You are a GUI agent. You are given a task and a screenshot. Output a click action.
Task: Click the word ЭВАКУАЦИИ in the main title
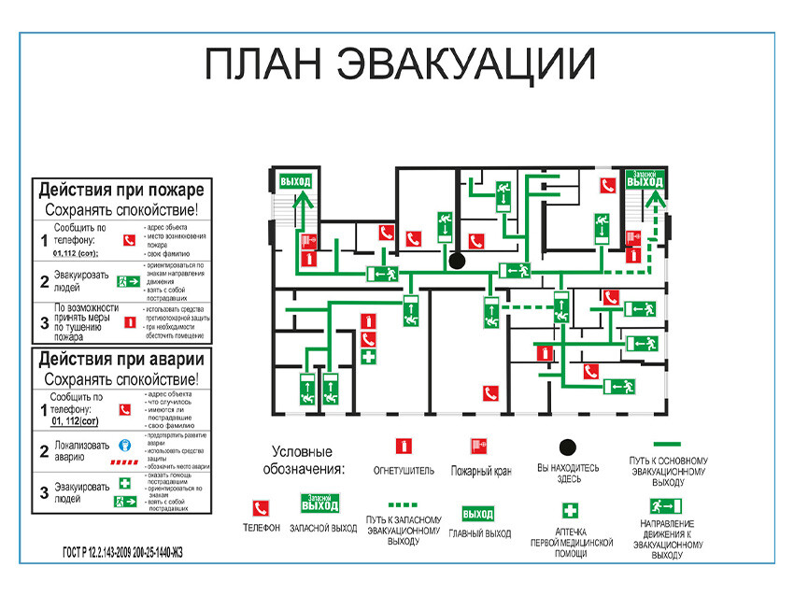(464, 64)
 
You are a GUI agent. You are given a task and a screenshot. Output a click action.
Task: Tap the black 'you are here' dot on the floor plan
(457, 262)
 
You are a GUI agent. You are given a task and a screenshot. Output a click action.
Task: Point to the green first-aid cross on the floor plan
(369, 358)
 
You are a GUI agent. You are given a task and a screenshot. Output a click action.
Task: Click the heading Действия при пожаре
(121, 191)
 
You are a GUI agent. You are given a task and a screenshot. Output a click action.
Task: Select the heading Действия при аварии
(121, 359)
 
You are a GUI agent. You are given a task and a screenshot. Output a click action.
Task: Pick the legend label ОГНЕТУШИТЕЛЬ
(404, 471)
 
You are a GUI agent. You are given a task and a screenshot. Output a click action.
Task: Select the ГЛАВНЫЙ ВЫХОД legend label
(479, 533)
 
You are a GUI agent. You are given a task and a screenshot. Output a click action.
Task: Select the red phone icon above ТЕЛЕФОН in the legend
(262, 509)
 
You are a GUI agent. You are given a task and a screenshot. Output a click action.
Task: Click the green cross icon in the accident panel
(124, 484)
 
